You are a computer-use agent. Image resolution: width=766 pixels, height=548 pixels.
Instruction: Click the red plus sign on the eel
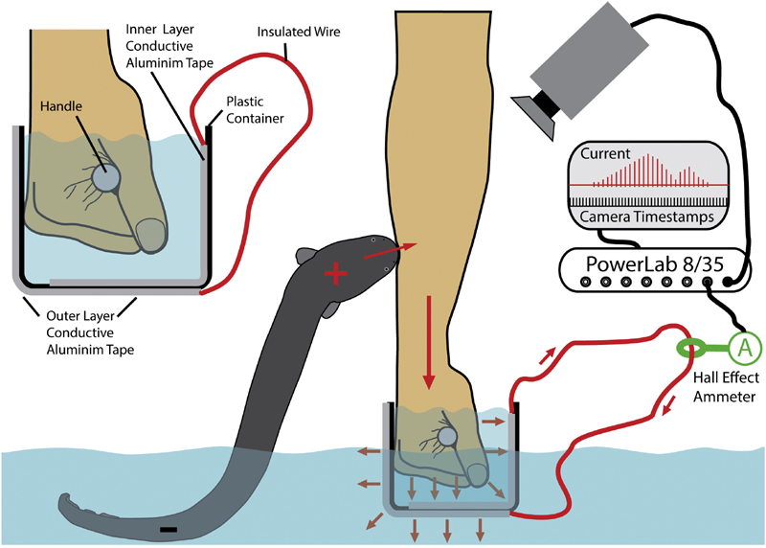coord(336,274)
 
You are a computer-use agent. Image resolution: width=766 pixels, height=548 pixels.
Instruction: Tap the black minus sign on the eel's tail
coord(169,530)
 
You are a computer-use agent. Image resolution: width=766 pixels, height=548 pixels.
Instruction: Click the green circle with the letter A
coord(745,348)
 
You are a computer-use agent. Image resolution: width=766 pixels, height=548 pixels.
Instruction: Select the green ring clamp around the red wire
coord(692,348)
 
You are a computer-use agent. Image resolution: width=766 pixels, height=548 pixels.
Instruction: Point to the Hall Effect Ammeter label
coord(726,387)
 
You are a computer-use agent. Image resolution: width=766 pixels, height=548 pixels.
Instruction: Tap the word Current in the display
coord(605,153)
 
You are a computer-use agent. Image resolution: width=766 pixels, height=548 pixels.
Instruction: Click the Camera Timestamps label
coord(647,217)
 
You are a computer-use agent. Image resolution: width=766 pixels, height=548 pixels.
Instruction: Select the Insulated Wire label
coord(299,32)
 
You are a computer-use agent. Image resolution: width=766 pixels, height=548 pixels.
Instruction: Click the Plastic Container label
coord(255,110)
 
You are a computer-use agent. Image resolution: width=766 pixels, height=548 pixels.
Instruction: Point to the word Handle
coord(61,106)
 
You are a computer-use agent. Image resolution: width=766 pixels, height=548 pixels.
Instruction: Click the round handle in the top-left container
coord(106,176)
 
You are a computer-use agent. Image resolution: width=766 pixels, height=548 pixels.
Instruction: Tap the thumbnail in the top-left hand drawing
coord(150,234)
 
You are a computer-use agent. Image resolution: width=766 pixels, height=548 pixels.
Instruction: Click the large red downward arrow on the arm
coord(429,342)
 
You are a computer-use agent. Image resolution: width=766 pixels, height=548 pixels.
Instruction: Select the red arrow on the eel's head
coord(391,250)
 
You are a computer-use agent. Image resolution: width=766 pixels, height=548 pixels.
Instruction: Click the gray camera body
coord(590,60)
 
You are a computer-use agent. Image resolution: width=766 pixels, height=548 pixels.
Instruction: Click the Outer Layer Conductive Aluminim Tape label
coord(90,332)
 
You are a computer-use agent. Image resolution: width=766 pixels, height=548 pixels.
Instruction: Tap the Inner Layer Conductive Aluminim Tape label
coord(169,46)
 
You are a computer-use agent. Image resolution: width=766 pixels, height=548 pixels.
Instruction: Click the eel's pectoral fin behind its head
coord(305,256)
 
